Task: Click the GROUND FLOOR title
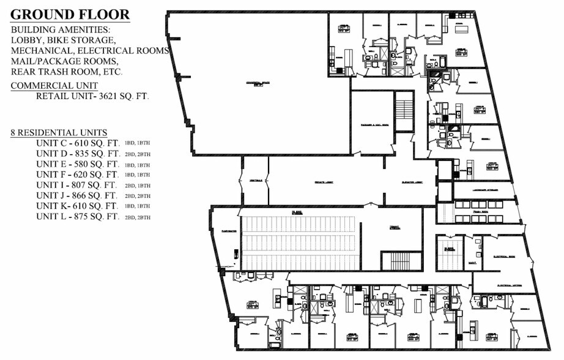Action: coord(71,15)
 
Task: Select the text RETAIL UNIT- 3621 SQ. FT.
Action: coord(92,97)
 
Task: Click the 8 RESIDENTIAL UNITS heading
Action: coord(59,133)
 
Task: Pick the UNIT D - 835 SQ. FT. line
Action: coord(77,154)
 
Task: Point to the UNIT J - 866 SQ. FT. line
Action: coord(77,195)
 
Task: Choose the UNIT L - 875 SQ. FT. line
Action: coord(77,217)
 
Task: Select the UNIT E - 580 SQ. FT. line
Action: coord(77,164)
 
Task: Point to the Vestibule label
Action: coord(256,181)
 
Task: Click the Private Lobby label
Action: coord(324,182)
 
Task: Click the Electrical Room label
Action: coord(505,258)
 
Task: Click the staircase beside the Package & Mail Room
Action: coord(404,110)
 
